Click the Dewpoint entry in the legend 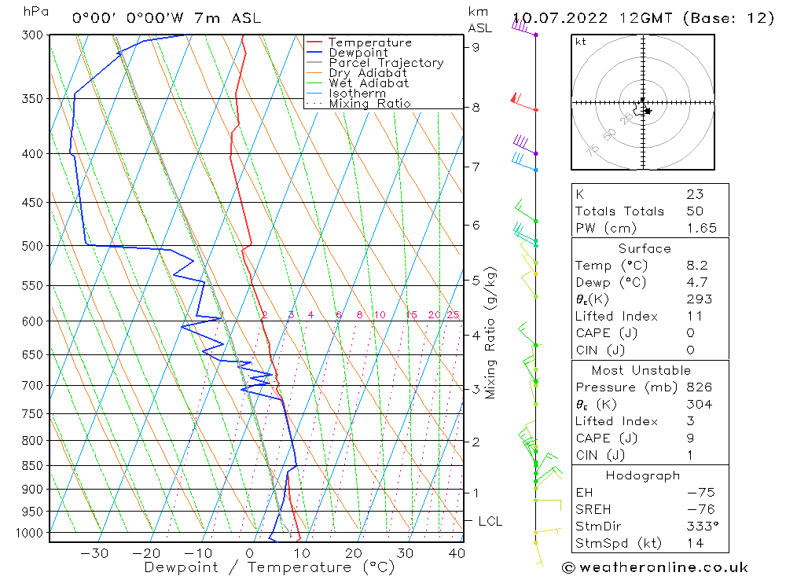pos(358,53)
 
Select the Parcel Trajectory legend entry pos(386,63)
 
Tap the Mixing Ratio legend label pos(369,103)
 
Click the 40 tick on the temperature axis pos(456,553)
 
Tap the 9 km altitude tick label pos(476,46)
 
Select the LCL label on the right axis pos(490,521)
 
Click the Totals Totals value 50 pos(695,211)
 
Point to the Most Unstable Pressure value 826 pos(698,387)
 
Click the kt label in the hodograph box pos(580,42)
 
